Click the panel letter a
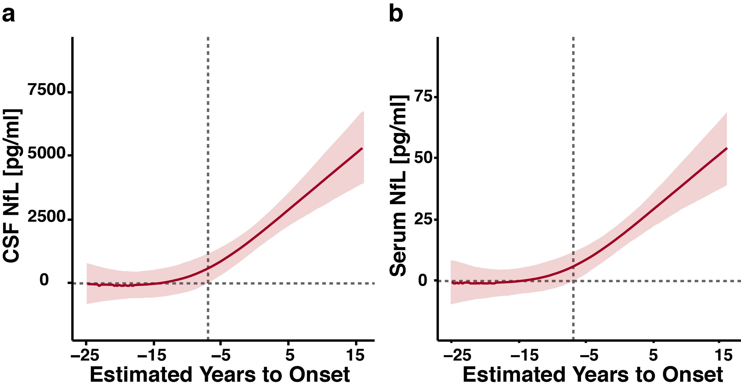(8, 14)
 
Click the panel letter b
(396, 14)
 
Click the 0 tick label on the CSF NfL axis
(44, 280)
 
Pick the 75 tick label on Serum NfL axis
(423, 97)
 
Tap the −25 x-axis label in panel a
(85, 356)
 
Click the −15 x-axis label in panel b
(524, 356)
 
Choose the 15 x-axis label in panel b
(724, 356)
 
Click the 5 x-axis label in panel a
(290, 356)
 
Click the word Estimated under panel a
(141, 375)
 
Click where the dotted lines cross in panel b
(573, 281)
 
